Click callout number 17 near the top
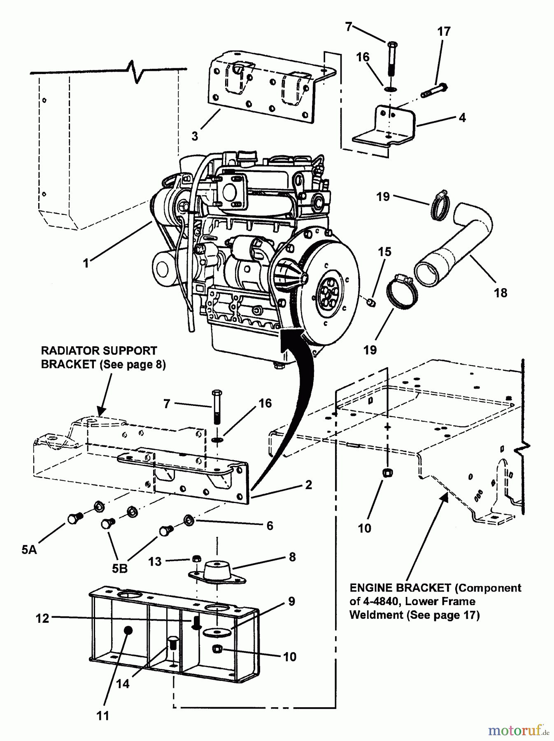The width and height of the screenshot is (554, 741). click(x=444, y=31)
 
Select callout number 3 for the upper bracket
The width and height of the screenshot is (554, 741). click(x=195, y=135)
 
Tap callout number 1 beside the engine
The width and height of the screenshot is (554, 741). click(x=86, y=263)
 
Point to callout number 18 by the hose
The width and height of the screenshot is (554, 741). click(x=500, y=293)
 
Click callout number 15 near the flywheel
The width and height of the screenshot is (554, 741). click(x=385, y=252)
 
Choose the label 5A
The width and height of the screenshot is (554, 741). click(x=29, y=549)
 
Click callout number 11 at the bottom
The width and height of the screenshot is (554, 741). click(x=102, y=715)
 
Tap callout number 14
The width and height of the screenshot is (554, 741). click(x=123, y=684)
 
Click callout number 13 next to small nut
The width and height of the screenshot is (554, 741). click(x=155, y=562)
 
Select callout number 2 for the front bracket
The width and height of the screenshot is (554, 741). click(x=309, y=485)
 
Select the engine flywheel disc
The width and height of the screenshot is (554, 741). click(x=329, y=294)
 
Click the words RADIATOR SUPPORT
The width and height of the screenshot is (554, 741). click(x=99, y=351)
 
